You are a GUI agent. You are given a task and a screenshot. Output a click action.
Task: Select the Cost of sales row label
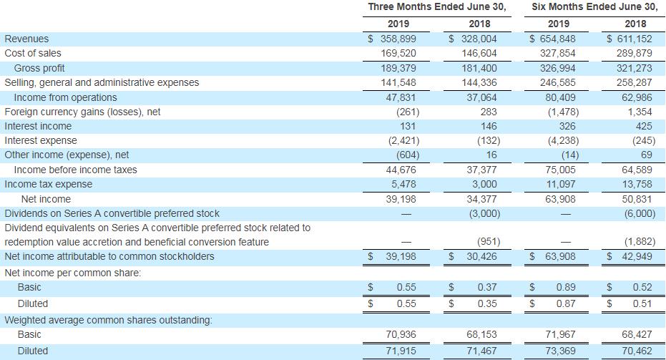[33, 53]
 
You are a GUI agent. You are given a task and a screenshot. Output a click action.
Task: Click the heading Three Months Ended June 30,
[436, 7]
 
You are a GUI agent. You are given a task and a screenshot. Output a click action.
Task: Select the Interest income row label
[38, 126]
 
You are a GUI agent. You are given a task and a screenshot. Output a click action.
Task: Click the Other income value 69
[648, 155]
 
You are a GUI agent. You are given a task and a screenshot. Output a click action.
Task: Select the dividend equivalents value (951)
[482, 242]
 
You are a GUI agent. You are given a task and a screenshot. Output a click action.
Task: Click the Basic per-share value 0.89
[567, 287]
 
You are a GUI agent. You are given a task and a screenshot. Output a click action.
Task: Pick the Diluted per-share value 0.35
[486, 303]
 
